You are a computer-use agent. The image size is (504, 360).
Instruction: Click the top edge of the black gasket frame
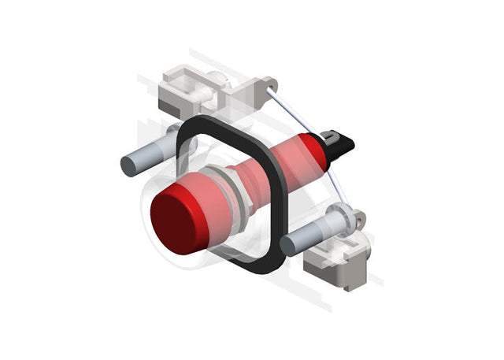pyautogui.click(x=228, y=122)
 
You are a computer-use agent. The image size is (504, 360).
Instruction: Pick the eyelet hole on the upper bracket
pyautogui.click(x=272, y=83)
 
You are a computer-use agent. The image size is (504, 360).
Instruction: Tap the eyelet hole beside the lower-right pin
pyautogui.click(x=361, y=220)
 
